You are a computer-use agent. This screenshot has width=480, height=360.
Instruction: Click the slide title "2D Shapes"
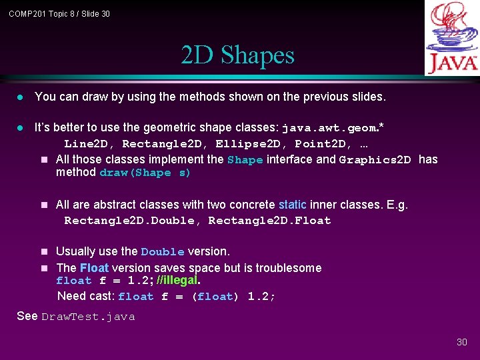(x=237, y=55)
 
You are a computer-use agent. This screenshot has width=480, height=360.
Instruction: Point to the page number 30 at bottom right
(x=462, y=342)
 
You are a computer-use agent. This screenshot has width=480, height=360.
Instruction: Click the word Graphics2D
(x=375, y=160)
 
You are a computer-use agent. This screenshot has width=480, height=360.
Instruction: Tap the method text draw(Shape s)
(x=145, y=173)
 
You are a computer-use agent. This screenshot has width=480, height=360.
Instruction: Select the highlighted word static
(x=293, y=205)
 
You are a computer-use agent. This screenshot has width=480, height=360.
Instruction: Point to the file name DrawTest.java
(x=88, y=317)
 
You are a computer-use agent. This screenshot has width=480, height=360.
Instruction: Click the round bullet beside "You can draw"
(x=20, y=97)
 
